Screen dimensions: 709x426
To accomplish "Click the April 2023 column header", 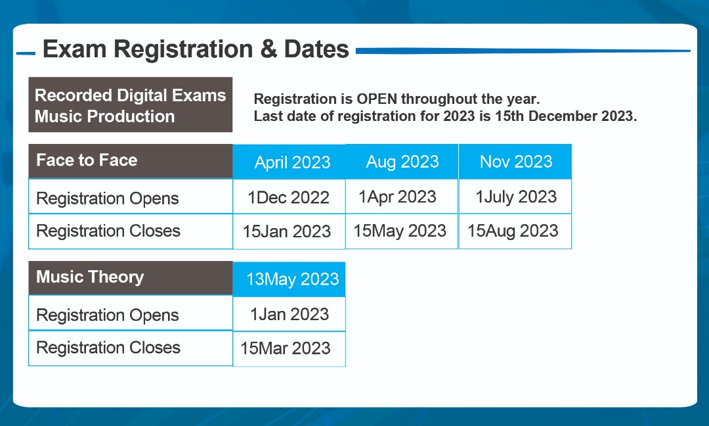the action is click(x=289, y=162).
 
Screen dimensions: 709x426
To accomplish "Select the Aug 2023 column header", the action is click(x=402, y=162).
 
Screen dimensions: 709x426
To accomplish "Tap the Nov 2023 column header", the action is click(x=515, y=162).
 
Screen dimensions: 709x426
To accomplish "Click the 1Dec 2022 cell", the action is click(x=289, y=197).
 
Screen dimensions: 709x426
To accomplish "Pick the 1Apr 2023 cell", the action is click(x=402, y=197).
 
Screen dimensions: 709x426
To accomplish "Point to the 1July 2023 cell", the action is click(x=515, y=197).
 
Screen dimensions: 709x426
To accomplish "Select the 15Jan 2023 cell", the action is click(x=289, y=231).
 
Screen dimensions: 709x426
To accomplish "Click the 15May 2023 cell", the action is click(x=402, y=231).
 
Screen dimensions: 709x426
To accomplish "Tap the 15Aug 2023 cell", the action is click(x=515, y=231).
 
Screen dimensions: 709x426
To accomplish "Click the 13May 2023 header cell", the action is click(x=289, y=279).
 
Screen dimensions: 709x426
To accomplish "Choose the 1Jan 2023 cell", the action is click(x=289, y=314).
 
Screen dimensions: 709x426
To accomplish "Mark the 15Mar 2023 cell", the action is click(x=289, y=348).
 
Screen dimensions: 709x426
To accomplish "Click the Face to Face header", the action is click(x=131, y=160).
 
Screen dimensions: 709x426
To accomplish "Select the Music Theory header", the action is click(x=131, y=277).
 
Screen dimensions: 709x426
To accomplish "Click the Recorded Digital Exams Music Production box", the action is click(x=131, y=105).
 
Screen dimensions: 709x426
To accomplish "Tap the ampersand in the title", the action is click(x=269, y=49).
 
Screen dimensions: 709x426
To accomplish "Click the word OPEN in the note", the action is click(x=377, y=99).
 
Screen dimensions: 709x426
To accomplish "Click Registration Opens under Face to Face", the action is click(x=108, y=199).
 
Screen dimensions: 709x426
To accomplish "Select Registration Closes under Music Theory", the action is click(x=108, y=348).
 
